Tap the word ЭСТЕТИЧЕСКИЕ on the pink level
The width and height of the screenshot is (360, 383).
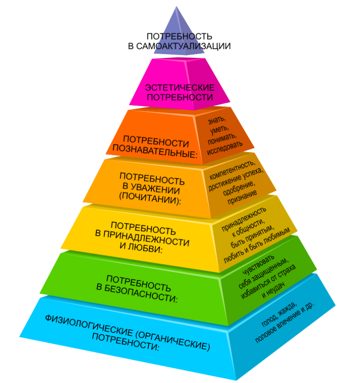180,88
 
